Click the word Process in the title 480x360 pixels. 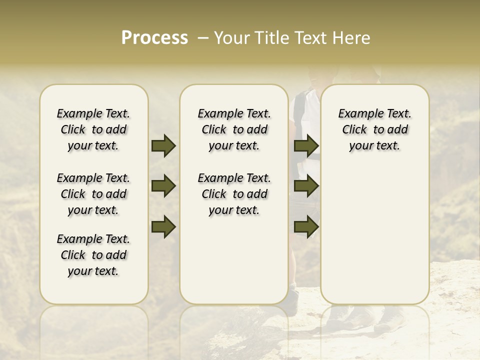pos(154,38)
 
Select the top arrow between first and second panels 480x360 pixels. pos(163,146)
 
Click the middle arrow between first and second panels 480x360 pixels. pos(163,186)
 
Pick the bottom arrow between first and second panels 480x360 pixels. pos(163,227)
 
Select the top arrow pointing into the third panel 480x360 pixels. pos(306,146)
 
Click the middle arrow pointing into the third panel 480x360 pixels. pos(306,186)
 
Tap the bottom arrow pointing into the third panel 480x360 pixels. pos(306,227)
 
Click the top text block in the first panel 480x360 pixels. pos(93,130)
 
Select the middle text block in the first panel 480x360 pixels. pos(93,194)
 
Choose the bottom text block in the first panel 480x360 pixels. pos(93,255)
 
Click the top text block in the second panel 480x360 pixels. pos(234,130)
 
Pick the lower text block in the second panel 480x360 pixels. pos(234,194)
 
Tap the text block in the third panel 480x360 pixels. pos(375,130)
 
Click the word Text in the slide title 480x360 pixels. pos(310,38)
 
